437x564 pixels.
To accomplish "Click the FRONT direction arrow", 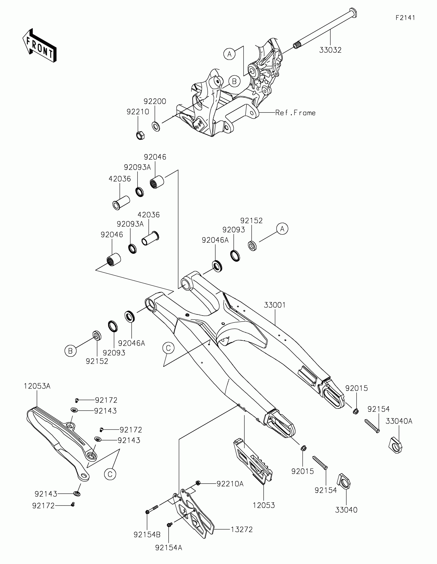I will point(39,45).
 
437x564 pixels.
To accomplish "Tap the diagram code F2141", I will point(405,18).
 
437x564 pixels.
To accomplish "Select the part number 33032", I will point(330,50).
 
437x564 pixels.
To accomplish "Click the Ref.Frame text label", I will point(295,113).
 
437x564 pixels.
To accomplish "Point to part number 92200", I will point(155,101).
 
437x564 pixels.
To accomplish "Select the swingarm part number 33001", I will point(275,305).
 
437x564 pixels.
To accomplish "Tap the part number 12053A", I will point(37,386).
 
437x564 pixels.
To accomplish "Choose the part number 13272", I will point(241,530).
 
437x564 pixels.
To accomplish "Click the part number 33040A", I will point(399,421).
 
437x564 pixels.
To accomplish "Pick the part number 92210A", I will point(230,484).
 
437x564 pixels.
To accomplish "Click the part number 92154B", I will point(147,535).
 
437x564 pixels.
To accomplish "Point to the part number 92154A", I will point(168,548).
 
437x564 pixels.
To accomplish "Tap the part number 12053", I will point(263,505).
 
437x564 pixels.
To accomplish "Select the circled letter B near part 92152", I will point(70,351).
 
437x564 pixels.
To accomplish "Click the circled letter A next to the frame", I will point(229,54).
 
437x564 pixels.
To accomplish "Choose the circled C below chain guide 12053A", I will point(110,474).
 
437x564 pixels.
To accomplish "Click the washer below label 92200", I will point(156,126).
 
